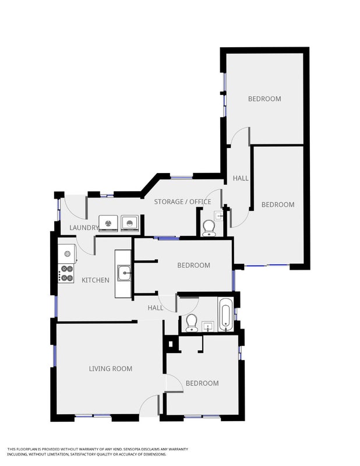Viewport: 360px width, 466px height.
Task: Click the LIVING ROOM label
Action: [x=111, y=369]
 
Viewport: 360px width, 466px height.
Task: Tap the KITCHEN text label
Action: [x=96, y=280]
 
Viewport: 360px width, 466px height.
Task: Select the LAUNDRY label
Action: [x=83, y=228]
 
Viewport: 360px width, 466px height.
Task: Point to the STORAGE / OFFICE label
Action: [x=182, y=202]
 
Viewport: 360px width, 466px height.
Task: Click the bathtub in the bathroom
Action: [x=225, y=315]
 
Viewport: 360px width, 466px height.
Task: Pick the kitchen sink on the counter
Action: [x=124, y=273]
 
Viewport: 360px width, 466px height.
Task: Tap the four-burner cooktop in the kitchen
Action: [x=66, y=273]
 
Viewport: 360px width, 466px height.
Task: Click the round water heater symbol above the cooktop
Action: [x=68, y=253]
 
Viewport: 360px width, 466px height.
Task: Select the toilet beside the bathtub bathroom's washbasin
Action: [x=191, y=323]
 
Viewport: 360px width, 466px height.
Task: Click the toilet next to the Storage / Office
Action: [x=209, y=228]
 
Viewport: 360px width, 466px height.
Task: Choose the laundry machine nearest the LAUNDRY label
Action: [x=108, y=223]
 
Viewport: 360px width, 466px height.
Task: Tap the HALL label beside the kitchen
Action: [x=156, y=308]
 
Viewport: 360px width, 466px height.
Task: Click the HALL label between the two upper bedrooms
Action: [x=241, y=178]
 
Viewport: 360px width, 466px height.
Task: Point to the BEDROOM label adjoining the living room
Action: [x=202, y=383]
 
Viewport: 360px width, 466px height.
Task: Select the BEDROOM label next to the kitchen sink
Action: [x=193, y=265]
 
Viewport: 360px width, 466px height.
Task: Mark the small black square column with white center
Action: [x=170, y=344]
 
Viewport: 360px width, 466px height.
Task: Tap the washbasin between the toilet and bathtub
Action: [x=208, y=327]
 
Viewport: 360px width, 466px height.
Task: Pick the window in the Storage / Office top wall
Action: [x=182, y=178]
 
